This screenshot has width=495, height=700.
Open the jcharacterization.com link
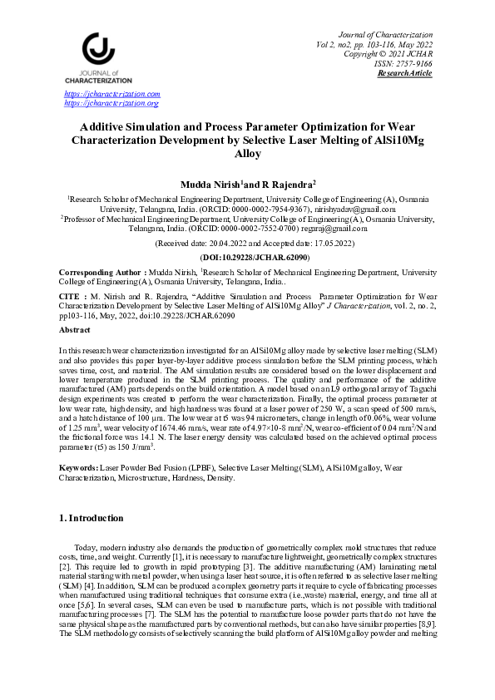pos(111,95)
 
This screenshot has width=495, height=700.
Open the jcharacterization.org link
pos(111,103)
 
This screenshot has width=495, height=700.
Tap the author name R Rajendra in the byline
pos(287,183)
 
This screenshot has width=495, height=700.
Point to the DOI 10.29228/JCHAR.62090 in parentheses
pos(247,259)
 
